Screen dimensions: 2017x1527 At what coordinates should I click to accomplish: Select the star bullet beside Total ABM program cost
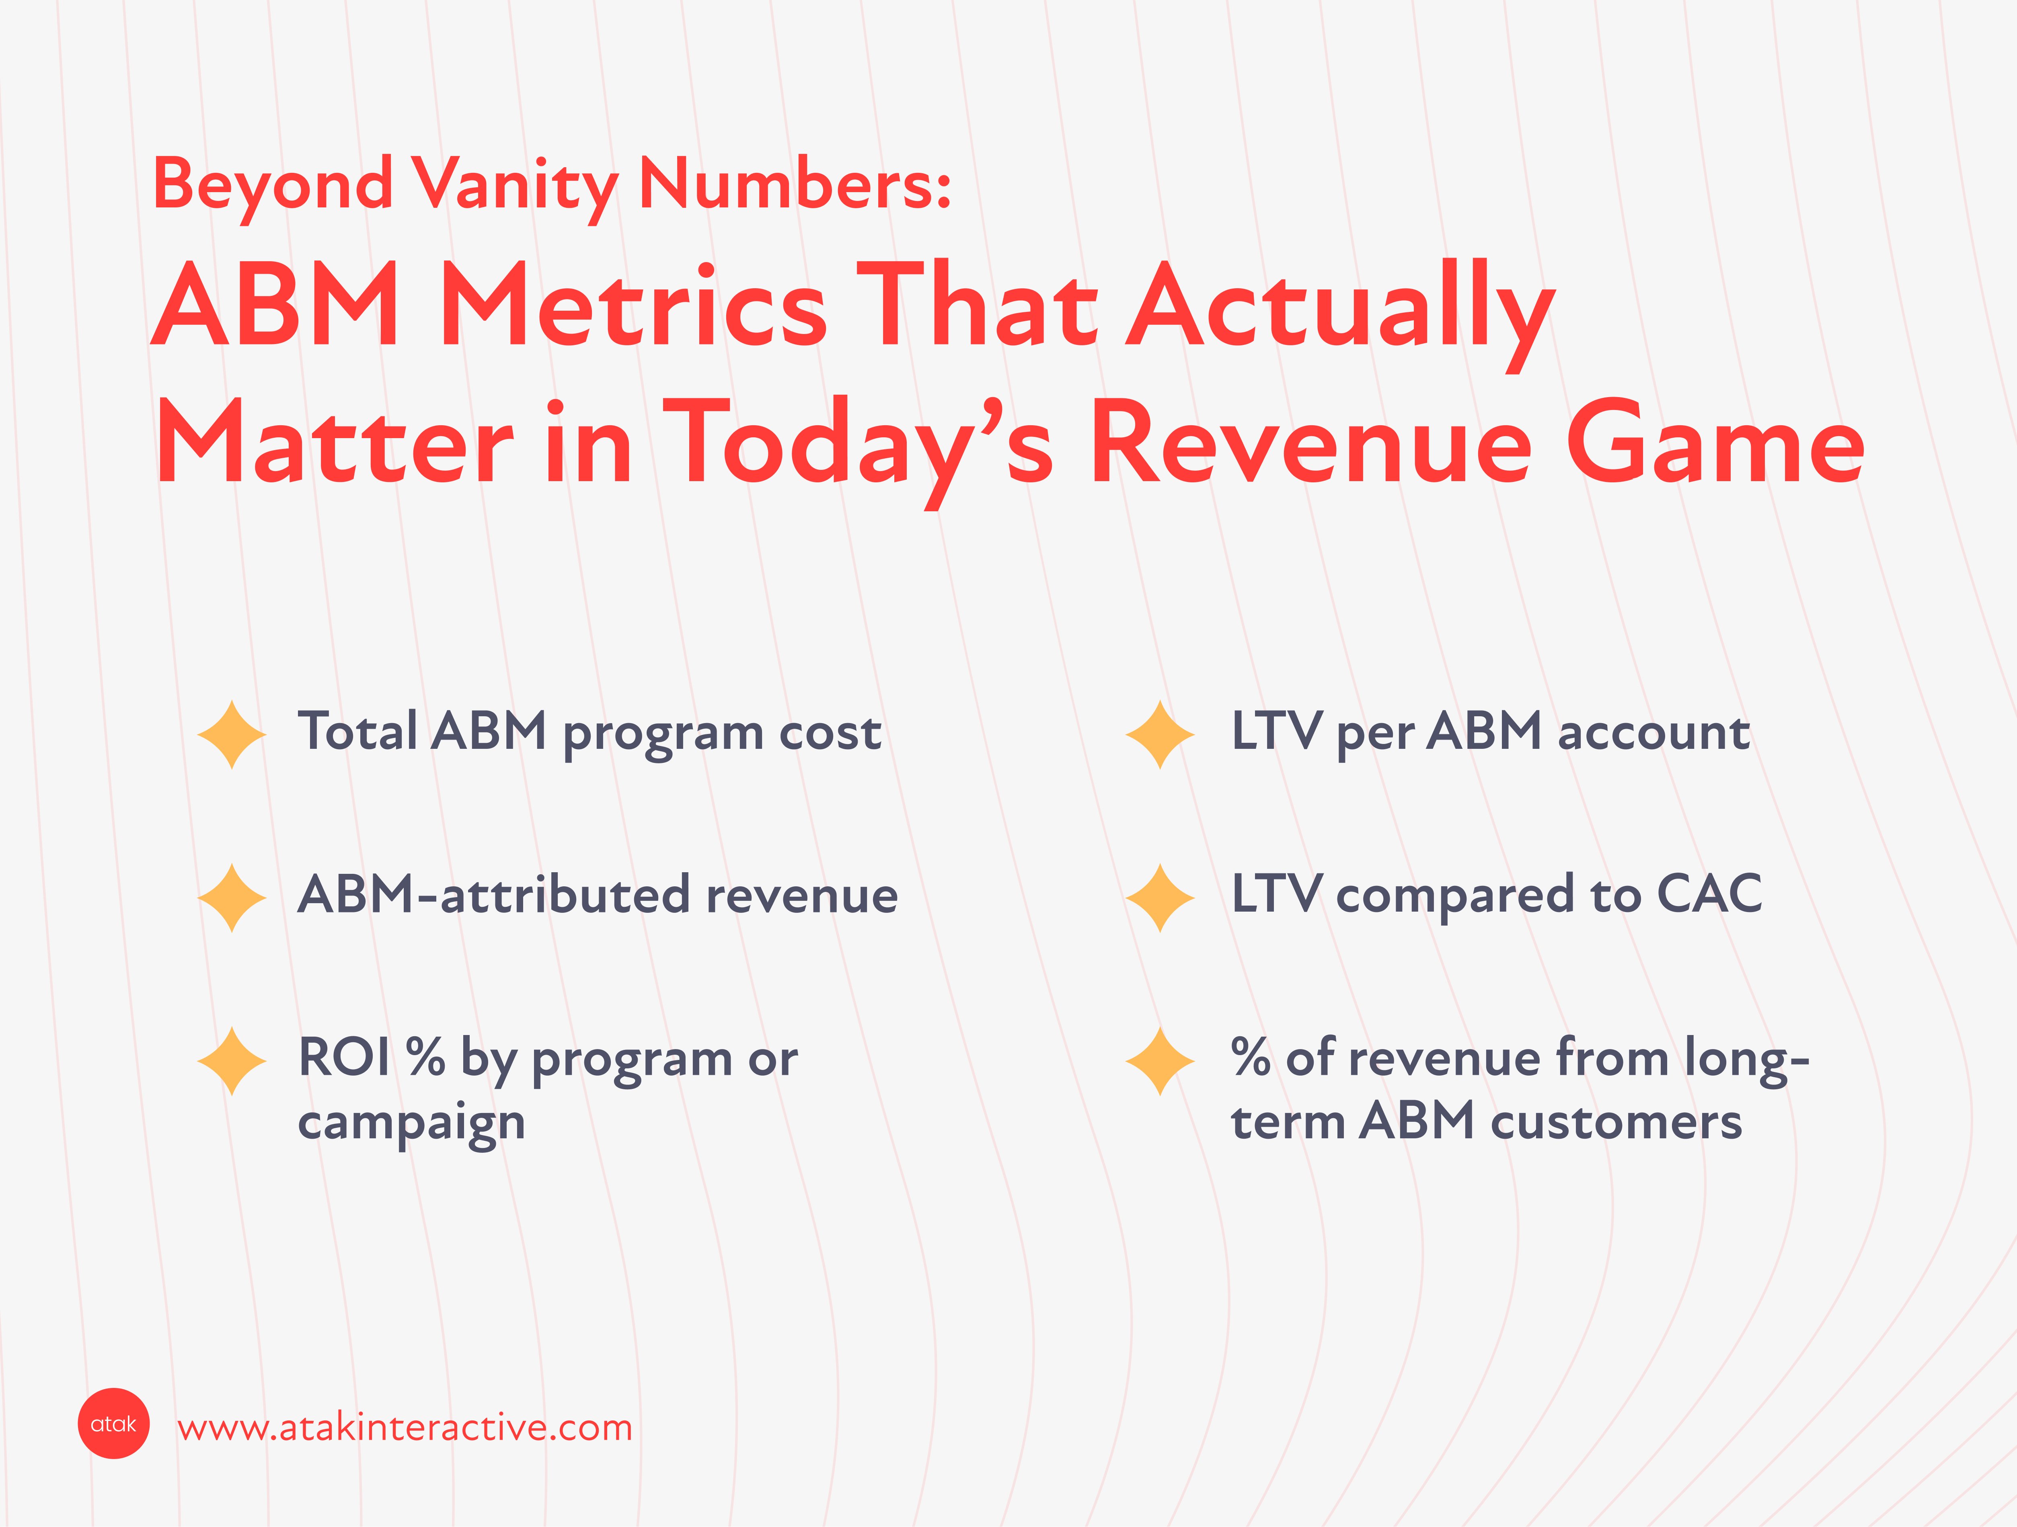[x=232, y=735]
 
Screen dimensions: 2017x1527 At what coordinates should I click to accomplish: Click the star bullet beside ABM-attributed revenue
[x=232, y=898]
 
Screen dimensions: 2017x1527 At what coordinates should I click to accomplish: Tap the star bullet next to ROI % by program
[x=232, y=1061]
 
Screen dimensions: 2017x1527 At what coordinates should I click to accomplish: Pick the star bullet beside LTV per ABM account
[x=1160, y=735]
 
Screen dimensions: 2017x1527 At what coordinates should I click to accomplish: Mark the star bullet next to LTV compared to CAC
[x=1160, y=898]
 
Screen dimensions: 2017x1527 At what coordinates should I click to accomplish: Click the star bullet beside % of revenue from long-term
[x=1160, y=1061]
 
